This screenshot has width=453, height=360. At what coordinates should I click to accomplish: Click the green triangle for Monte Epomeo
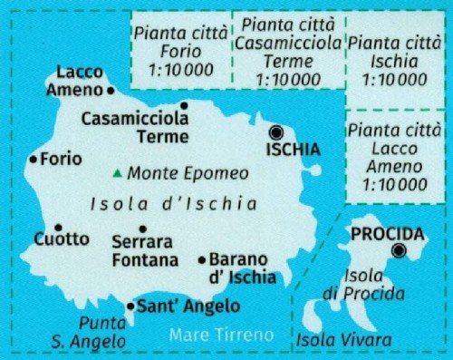(118, 173)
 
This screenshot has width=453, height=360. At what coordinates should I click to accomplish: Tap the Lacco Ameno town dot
(111, 91)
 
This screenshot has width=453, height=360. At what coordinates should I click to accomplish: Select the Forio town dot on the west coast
(34, 160)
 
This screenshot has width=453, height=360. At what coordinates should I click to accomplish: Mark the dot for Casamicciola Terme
(183, 105)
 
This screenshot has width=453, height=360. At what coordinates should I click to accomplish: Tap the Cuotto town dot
(58, 228)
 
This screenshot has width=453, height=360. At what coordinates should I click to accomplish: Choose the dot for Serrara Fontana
(142, 229)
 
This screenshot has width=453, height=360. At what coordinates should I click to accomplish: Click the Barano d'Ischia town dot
(202, 260)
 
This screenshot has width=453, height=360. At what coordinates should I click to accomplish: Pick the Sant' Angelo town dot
(130, 306)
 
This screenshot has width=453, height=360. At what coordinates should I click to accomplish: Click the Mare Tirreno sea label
(221, 336)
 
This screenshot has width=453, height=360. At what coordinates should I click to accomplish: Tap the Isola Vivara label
(343, 341)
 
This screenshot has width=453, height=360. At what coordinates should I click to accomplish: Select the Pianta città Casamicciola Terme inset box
(289, 51)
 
